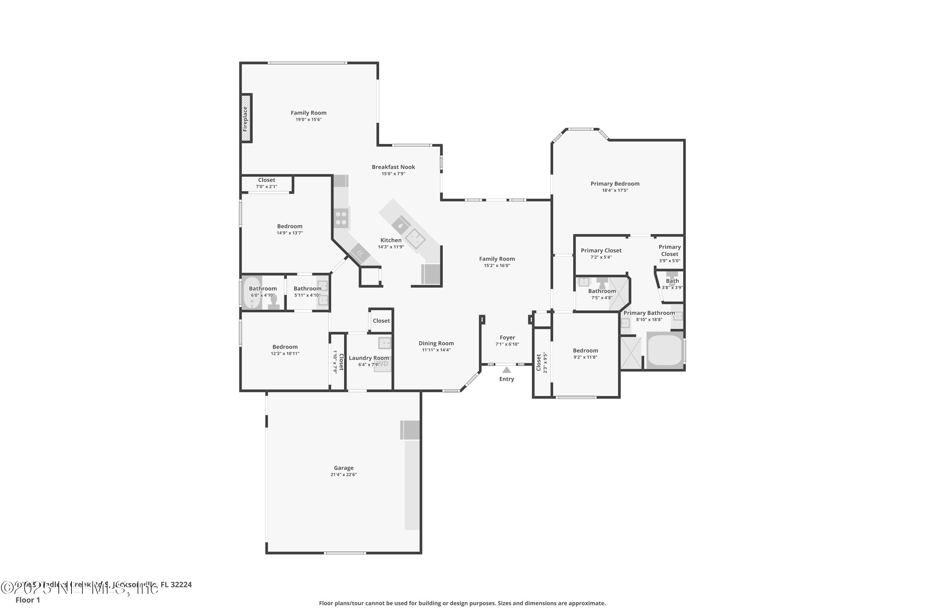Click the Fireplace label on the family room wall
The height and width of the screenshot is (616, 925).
[245, 119]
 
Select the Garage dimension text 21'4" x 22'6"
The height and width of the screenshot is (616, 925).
[343, 475]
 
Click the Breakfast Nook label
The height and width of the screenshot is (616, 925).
[393, 167]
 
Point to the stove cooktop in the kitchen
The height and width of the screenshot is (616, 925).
[341, 218]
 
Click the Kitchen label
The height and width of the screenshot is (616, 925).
[391, 240]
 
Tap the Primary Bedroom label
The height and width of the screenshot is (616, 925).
[615, 184]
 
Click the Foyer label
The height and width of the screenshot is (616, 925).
[507, 338]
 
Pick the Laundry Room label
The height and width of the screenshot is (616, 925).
[368, 358]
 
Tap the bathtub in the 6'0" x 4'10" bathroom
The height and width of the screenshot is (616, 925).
[251, 293]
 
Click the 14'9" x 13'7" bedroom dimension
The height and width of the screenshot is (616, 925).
[290, 233]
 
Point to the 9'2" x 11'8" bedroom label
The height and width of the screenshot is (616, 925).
[585, 351]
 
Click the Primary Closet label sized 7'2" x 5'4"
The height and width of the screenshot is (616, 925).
[601, 250]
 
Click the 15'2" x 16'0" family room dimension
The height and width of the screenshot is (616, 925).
[497, 265]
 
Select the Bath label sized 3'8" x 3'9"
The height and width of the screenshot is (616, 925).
[672, 281]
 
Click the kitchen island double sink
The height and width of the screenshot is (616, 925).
[415, 238]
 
